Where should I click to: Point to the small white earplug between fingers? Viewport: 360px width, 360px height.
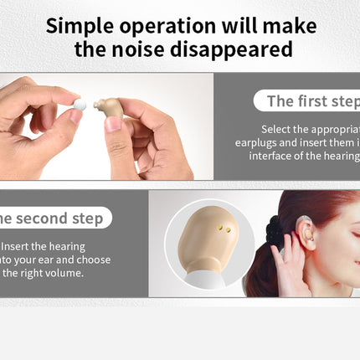coord(80,105)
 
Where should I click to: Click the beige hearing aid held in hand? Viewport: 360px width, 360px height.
coord(109,107)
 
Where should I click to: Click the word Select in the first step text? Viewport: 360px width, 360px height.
coord(277,130)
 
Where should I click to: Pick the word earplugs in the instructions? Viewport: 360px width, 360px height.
coord(255,142)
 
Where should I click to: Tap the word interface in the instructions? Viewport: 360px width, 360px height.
coord(260,156)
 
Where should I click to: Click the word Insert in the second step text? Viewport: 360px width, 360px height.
coord(17,247)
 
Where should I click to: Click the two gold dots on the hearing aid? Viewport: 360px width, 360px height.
coord(222,227)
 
